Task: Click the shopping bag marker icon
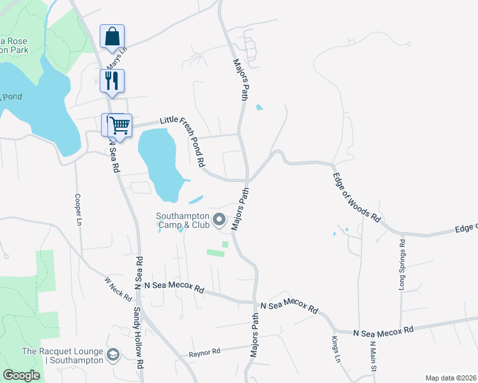click(112, 36)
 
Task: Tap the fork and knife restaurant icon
click(112, 80)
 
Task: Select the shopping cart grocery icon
click(119, 125)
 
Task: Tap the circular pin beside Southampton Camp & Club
click(219, 221)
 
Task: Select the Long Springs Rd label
click(402, 264)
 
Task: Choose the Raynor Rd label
click(204, 352)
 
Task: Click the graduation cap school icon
click(113, 354)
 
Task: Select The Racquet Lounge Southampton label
click(63, 356)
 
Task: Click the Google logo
click(21, 375)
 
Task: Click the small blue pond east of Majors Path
click(259, 107)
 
